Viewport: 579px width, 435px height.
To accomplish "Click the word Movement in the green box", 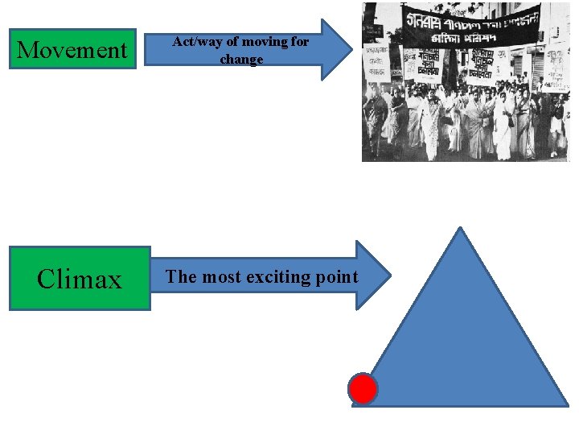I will (72, 50).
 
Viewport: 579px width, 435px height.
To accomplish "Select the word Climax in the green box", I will (80, 280).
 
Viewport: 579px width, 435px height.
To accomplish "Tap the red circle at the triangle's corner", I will (363, 389).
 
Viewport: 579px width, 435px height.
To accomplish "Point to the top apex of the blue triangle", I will (460, 229).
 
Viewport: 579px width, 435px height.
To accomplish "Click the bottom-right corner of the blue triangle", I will (566, 404).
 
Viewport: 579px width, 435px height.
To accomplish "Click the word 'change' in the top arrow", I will (241, 60).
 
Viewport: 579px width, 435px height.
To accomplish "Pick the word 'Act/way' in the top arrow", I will (194, 42).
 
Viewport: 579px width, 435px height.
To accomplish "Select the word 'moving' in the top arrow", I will (265, 42).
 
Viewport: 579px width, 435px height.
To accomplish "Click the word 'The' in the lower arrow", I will (181, 277).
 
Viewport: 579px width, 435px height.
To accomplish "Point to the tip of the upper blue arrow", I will (352, 50).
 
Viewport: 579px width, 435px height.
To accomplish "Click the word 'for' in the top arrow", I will (299, 42).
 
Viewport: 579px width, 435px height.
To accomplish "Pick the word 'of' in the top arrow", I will (232, 42).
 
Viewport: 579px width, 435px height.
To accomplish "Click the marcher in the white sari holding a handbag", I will (503, 125).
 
